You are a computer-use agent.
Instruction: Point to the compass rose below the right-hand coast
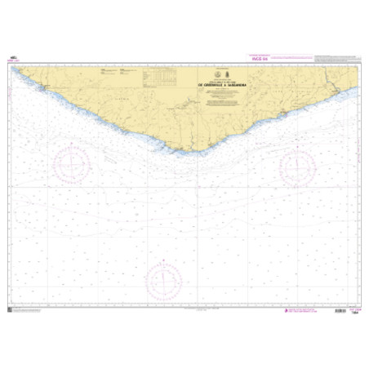pyautogui.click(x=298, y=167)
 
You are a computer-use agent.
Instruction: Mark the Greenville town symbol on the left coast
pyautogui.click(x=47, y=86)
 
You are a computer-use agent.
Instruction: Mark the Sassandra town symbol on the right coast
pyautogui.click(x=330, y=90)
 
